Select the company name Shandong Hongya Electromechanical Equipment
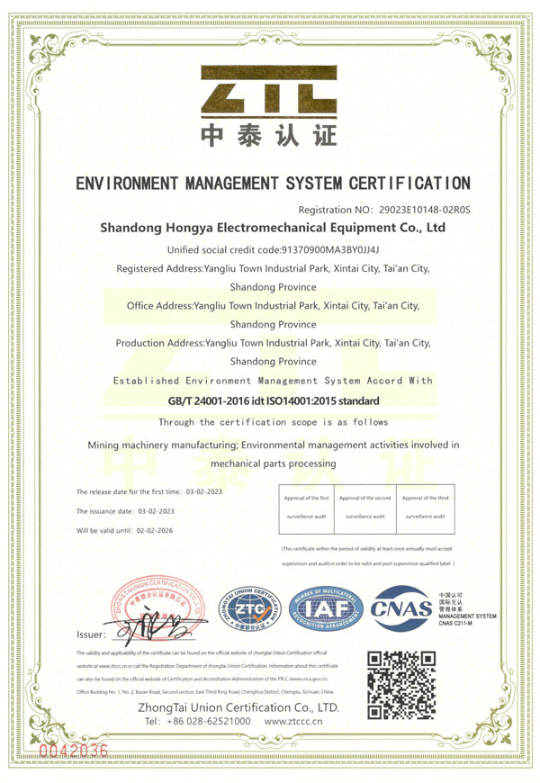point(273,229)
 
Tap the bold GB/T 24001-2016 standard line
point(274,400)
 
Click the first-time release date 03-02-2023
point(204,492)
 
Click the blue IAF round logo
point(323,609)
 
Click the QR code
point(401,684)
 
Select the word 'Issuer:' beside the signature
point(92,634)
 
